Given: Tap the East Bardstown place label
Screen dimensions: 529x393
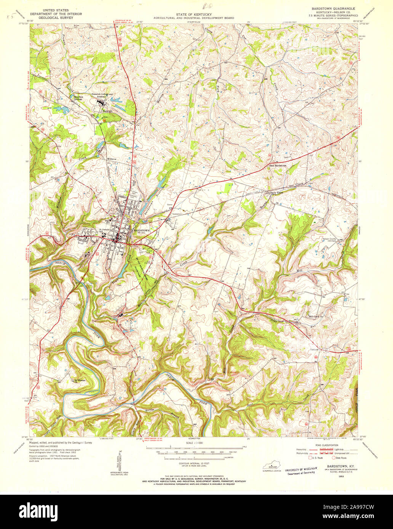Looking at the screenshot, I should pyautogui.click(x=277, y=166).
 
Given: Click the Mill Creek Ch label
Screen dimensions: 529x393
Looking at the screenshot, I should pyautogui.click(x=316, y=317).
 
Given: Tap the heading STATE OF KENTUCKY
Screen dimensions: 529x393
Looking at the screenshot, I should pyautogui.click(x=193, y=14).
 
